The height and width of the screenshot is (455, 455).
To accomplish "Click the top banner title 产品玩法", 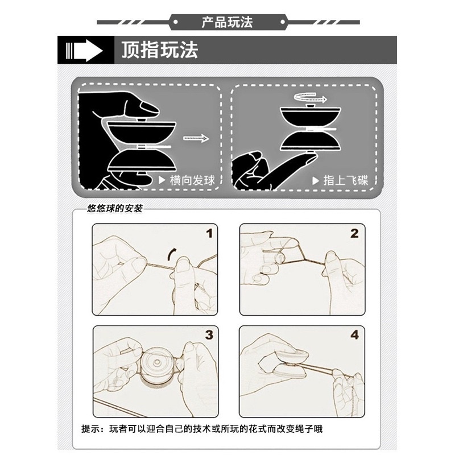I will [227, 23].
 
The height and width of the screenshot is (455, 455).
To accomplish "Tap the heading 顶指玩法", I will [159, 50].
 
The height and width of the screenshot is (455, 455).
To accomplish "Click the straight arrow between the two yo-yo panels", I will [193, 138].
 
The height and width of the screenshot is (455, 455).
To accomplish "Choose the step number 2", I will [354, 233].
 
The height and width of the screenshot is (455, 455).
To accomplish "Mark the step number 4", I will [354, 334].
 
